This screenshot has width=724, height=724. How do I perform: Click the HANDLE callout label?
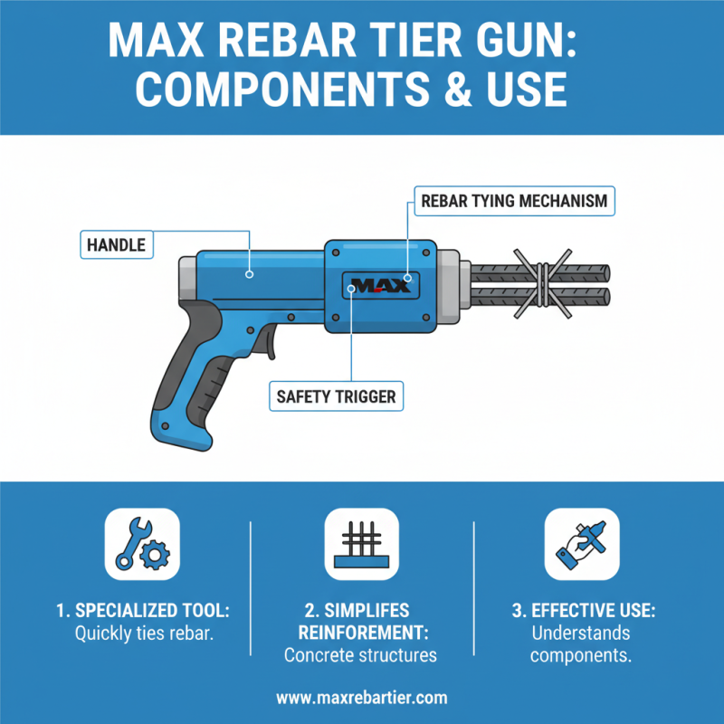tap(117, 243)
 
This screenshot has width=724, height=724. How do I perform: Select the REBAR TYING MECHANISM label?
tap(513, 200)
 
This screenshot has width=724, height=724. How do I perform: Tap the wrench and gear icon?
tap(142, 544)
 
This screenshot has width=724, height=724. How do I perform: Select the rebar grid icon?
tap(361, 544)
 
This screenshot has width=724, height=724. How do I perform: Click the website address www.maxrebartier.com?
tap(361, 698)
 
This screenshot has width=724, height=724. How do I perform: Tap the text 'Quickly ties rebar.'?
tap(143, 633)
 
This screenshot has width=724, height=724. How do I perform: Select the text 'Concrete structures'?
tap(361, 654)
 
